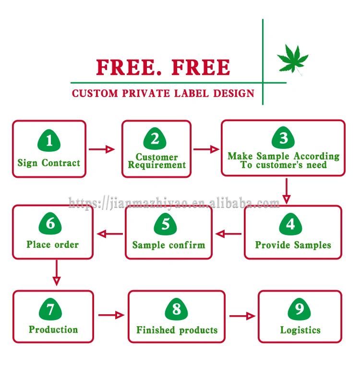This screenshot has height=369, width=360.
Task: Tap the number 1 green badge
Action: coord(49,141)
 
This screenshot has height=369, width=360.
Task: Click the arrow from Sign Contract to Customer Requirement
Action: coord(103,149)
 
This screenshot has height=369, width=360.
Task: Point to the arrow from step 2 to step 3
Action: coord(206,149)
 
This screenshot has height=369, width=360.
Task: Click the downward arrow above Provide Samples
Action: coord(287,191)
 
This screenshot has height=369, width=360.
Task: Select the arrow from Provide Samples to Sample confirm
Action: coord(228,234)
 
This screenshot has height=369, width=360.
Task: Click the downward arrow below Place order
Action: coord(57,273)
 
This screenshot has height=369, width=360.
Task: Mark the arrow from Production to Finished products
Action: coord(111,315)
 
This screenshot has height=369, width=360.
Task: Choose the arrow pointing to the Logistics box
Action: coord(242,316)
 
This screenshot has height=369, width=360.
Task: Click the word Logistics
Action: coord(300,330)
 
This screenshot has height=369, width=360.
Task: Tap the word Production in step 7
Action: coord(53,330)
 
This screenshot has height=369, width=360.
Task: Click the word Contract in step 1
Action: coord(61,163)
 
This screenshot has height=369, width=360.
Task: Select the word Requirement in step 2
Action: coord(156,165)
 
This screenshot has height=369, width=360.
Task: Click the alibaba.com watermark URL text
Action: coord(174,203)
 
